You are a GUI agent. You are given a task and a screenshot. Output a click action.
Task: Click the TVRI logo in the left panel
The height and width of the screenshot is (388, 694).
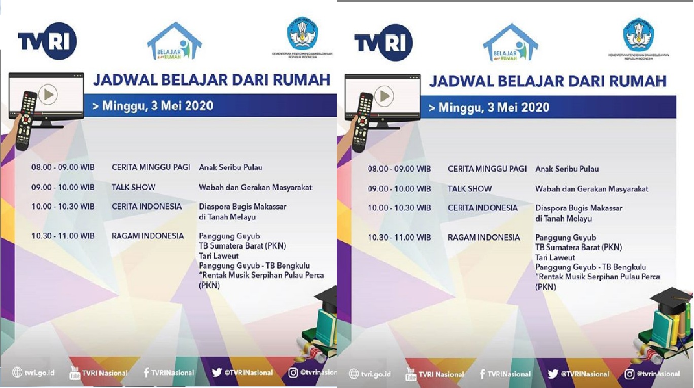(47, 42)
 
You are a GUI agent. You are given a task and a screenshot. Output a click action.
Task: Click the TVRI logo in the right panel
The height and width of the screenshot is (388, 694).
(384, 43)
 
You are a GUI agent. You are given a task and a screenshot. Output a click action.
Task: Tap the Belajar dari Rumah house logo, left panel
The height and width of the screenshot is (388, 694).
(174, 42)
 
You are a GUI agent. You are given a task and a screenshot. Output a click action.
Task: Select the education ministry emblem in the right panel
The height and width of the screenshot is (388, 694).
(638, 34)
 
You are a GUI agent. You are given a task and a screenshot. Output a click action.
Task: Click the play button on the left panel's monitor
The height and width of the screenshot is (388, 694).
(48, 94)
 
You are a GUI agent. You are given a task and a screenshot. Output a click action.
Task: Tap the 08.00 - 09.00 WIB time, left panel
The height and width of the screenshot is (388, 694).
(63, 167)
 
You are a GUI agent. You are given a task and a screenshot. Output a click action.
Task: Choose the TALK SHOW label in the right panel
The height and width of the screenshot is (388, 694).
(470, 189)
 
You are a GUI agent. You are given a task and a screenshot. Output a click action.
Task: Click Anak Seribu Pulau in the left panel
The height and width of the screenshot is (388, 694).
(230, 167)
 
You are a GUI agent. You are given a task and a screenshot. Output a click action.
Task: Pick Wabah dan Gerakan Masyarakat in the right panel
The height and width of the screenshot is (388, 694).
(592, 189)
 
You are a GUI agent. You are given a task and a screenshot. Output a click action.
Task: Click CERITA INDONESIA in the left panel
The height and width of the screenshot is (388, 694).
(146, 206)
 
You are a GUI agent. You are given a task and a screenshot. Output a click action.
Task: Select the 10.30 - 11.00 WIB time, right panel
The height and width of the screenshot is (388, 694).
(399, 237)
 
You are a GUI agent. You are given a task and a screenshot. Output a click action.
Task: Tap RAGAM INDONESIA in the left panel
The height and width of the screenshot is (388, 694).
(147, 236)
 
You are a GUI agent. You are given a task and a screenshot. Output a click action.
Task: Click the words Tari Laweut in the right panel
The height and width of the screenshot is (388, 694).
(555, 257)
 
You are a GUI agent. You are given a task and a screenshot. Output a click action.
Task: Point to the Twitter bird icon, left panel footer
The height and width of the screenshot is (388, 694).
(217, 372)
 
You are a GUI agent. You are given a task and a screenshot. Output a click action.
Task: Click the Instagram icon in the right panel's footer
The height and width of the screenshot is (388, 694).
(630, 374)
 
